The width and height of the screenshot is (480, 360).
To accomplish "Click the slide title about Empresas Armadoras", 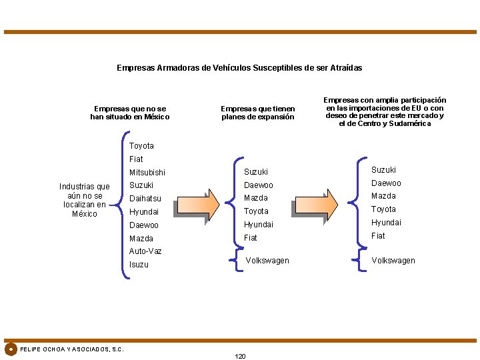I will tap(239, 68).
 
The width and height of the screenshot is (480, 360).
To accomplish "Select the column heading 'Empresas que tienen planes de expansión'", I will tap(257, 113).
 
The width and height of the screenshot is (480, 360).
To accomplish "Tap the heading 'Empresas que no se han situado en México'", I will tap(130, 113).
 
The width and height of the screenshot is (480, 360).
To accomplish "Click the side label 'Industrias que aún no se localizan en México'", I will tap(85, 200).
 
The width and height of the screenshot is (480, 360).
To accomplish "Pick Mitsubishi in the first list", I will tap(147, 172).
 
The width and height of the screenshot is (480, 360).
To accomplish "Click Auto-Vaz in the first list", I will tap(145, 251).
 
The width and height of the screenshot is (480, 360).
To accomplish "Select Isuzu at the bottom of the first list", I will tap(139, 265).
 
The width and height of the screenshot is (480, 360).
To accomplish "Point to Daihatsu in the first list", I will tap(145, 199).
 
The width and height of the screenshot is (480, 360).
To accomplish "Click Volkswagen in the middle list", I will tap(267, 261).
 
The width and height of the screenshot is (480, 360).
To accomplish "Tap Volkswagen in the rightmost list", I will tap(393, 261).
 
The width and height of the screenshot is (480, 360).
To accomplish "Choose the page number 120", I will tap(240, 356).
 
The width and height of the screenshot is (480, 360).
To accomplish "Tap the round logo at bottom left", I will tap(11, 349).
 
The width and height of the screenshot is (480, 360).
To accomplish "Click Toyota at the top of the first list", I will tap(141, 146).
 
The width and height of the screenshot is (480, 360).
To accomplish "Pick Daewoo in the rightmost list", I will tap(386, 183).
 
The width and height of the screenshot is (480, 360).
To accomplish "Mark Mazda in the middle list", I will tap(255, 198).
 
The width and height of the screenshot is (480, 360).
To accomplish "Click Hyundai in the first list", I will tap(144, 211).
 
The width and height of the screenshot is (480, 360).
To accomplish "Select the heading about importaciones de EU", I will tap(385, 111).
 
